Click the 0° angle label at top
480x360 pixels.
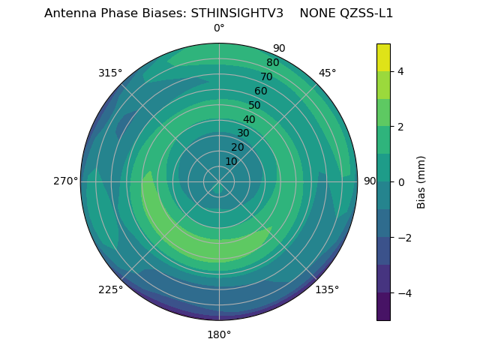pyautogui.click(x=219, y=28)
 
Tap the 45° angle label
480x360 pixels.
pyautogui.click(x=328, y=73)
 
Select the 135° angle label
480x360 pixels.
pyautogui.click(x=327, y=289)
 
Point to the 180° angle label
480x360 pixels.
pyautogui.click(x=219, y=334)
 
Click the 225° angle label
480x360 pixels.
pyautogui.click(x=110, y=289)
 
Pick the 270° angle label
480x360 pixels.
pyautogui.click(x=65, y=181)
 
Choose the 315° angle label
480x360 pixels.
pyautogui.click(x=110, y=73)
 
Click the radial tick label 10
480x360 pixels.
pyautogui.click(x=231, y=161)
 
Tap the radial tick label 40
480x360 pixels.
pyautogui.click(x=249, y=119)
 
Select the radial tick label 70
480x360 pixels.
pyautogui.click(x=266, y=76)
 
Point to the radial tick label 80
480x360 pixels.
pyautogui.click(x=272, y=62)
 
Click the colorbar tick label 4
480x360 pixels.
pyautogui.click(x=400, y=71)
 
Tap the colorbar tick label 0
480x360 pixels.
pyautogui.click(x=400, y=182)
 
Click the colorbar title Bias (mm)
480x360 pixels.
pyautogui.click(x=421, y=181)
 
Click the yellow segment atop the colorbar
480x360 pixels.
pyautogui.click(x=383, y=57)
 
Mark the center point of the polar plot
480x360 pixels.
pyautogui.click(x=219, y=181)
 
